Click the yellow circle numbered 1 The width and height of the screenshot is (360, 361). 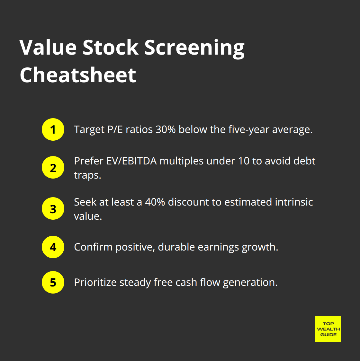click(53, 129)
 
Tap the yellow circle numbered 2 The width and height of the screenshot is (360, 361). click(53, 167)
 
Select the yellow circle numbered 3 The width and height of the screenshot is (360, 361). click(53, 209)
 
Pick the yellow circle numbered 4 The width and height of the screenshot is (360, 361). click(53, 247)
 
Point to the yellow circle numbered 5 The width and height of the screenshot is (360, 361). click(53, 282)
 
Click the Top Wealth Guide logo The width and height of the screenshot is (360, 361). click(328, 329)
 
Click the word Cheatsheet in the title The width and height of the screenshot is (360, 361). click(78, 75)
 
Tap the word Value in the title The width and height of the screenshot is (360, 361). click(48, 48)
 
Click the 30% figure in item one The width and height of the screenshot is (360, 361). click(166, 129)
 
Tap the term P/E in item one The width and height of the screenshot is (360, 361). click(115, 129)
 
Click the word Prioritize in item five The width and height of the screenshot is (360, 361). click(95, 282)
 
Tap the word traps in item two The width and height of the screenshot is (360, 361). click(87, 175)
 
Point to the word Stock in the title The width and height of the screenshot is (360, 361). click(111, 48)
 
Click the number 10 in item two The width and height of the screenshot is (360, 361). click(244, 161)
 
